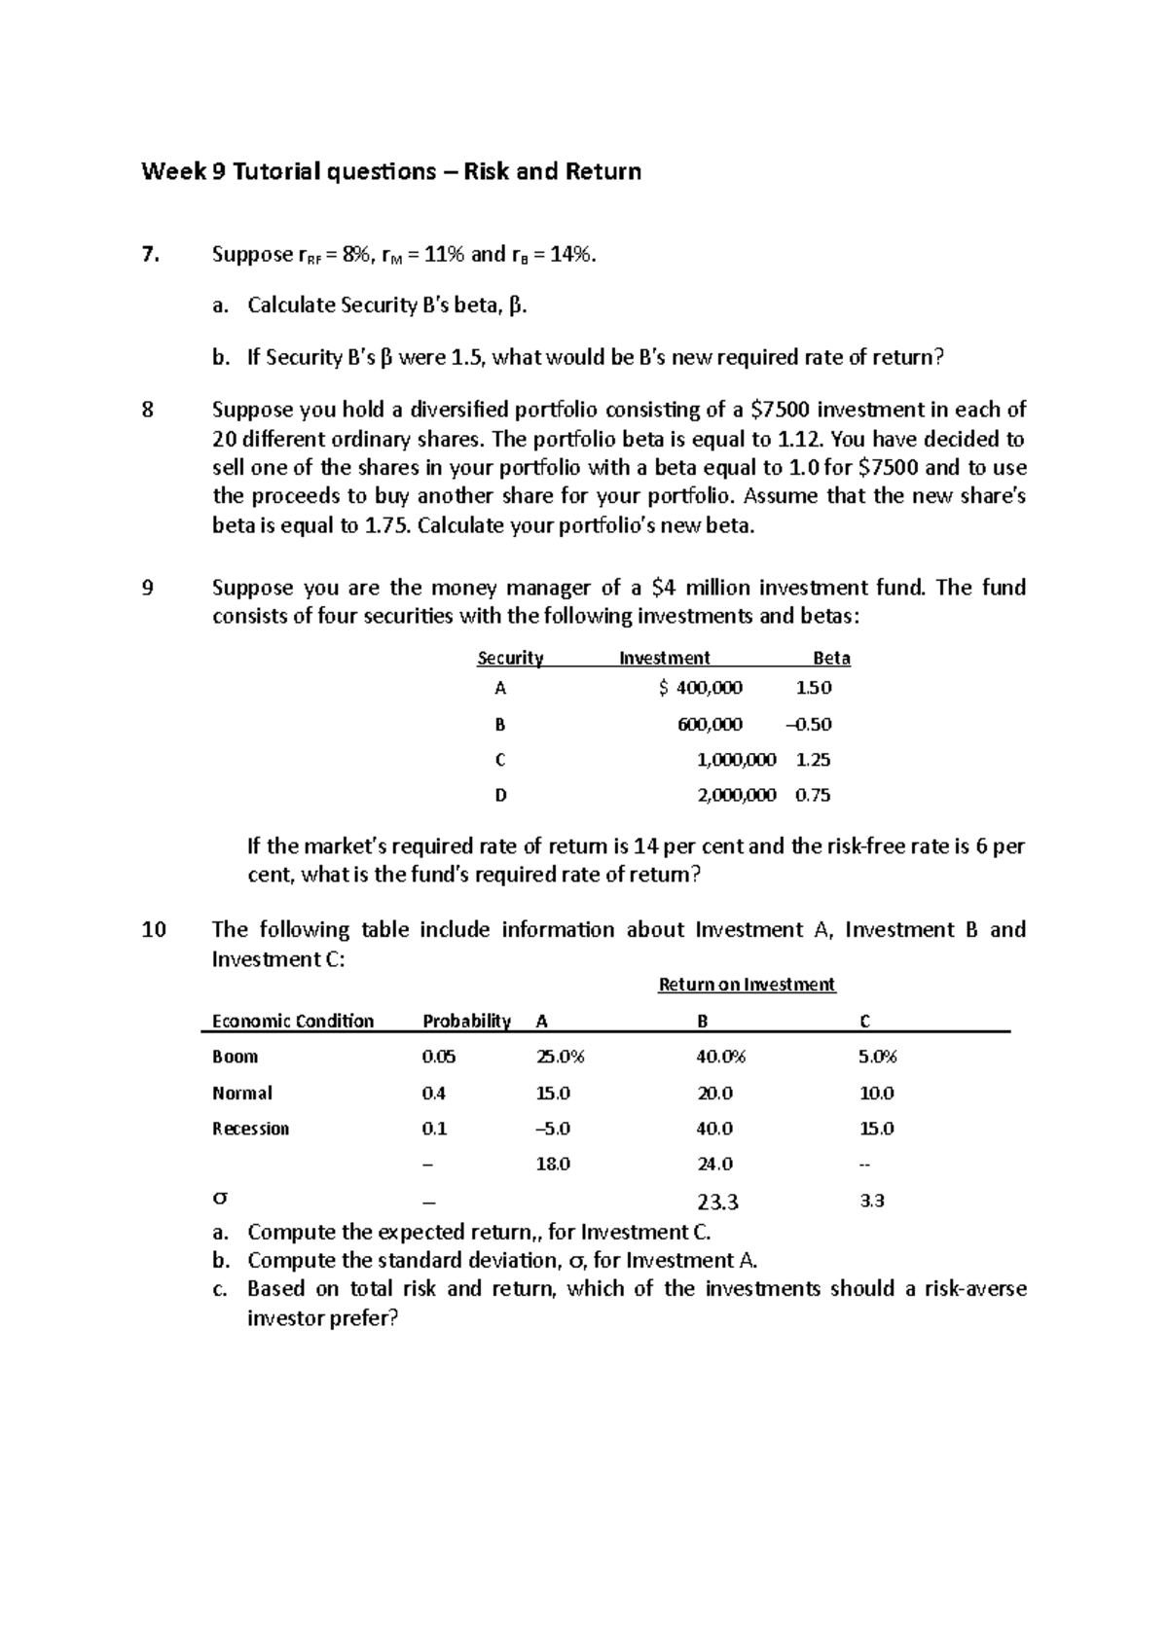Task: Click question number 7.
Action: tap(148, 255)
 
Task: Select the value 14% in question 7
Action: tap(568, 255)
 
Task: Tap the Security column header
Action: tap(510, 658)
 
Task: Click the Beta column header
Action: tap(831, 658)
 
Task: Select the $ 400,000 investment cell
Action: tap(700, 688)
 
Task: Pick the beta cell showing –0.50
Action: tap(808, 724)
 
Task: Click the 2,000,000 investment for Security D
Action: tap(737, 795)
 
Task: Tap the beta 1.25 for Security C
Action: tap(813, 760)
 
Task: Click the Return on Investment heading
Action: tap(747, 985)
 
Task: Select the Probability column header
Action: tap(466, 1021)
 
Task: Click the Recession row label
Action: tap(250, 1129)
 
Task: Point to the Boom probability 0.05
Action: tap(438, 1057)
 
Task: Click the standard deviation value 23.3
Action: tap(717, 1202)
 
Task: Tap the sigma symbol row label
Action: tap(220, 1201)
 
